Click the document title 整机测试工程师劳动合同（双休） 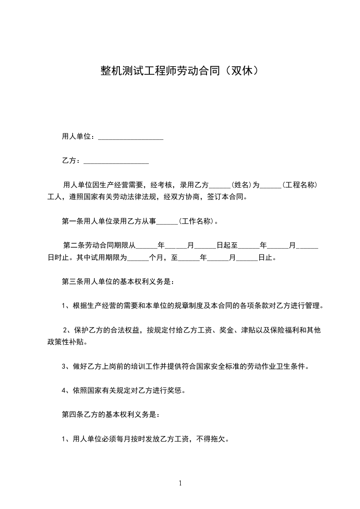pyautogui.click(x=180, y=71)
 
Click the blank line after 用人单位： pyautogui.click(x=131, y=137)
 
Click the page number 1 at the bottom pyautogui.click(x=180, y=483)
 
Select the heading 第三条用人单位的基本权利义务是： pyautogui.click(x=118, y=281)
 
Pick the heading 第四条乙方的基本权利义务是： pyautogui.click(x=110, y=415)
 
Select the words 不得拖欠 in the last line pyautogui.click(x=213, y=439)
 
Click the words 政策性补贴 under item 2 pyautogui.click(x=65, y=342)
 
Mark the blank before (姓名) pyautogui.click(x=221, y=186)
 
